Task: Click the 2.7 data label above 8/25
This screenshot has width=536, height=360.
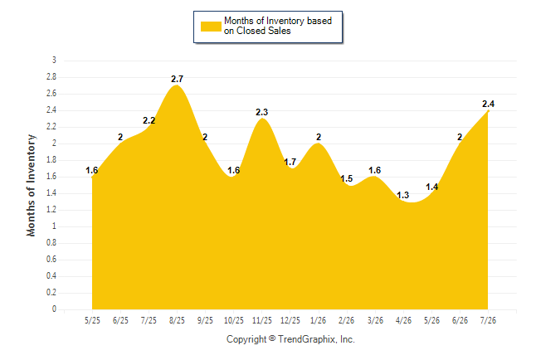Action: pyautogui.click(x=177, y=79)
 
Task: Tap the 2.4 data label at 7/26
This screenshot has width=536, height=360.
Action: pyautogui.click(x=488, y=104)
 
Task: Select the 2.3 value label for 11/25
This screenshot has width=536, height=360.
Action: pyautogui.click(x=262, y=112)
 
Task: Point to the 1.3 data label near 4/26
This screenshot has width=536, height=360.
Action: pyautogui.click(x=403, y=195)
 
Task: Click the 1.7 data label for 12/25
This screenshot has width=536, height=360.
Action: pyautogui.click(x=290, y=162)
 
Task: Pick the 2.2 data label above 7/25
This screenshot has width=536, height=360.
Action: pyautogui.click(x=149, y=120)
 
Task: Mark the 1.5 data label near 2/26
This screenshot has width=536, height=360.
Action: pyautogui.click(x=347, y=178)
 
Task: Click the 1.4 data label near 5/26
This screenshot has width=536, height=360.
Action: pyautogui.click(x=431, y=187)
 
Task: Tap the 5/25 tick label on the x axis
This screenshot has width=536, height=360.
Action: pyautogui.click(x=92, y=320)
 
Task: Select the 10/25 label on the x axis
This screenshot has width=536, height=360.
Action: pyautogui.click(x=234, y=320)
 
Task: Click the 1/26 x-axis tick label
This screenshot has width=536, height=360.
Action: pyautogui.click(x=319, y=320)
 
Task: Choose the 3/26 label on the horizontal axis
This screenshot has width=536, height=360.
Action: pyautogui.click(x=375, y=320)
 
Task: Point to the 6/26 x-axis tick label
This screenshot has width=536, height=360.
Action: pyautogui.click(x=460, y=320)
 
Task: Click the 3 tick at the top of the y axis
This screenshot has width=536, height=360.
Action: pyautogui.click(x=54, y=61)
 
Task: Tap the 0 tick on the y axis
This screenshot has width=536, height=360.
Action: pyautogui.click(x=54, y=309)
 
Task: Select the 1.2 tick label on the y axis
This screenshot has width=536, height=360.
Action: pyautogui.click(x=51, y=210)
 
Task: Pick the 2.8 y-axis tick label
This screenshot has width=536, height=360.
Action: pyautogui.click(x=51, y=77)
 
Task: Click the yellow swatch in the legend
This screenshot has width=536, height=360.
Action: pyautogui.click(x=211, y=27)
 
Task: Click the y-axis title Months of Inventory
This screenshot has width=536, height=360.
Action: pyautogui.click(x=31, y=185)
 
